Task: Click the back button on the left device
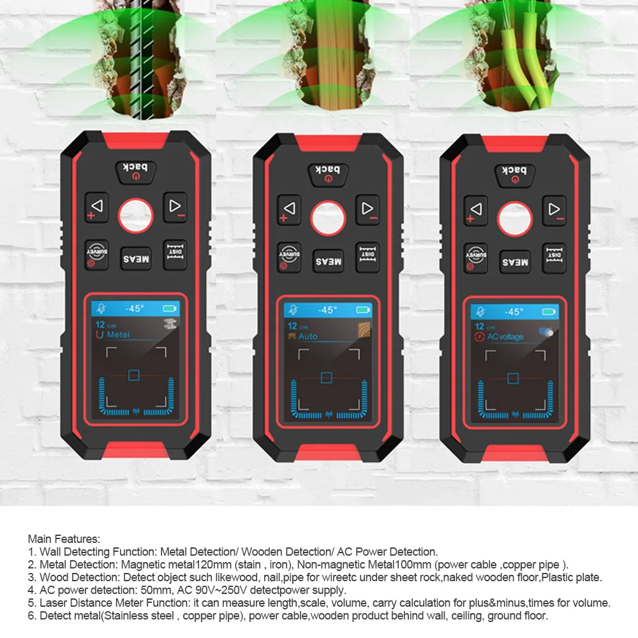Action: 135,171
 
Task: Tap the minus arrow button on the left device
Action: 174,207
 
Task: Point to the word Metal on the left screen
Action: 118,334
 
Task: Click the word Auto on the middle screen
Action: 308,336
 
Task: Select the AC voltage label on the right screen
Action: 505,337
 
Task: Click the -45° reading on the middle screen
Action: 327,310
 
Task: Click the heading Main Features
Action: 64,540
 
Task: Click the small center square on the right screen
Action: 513,378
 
